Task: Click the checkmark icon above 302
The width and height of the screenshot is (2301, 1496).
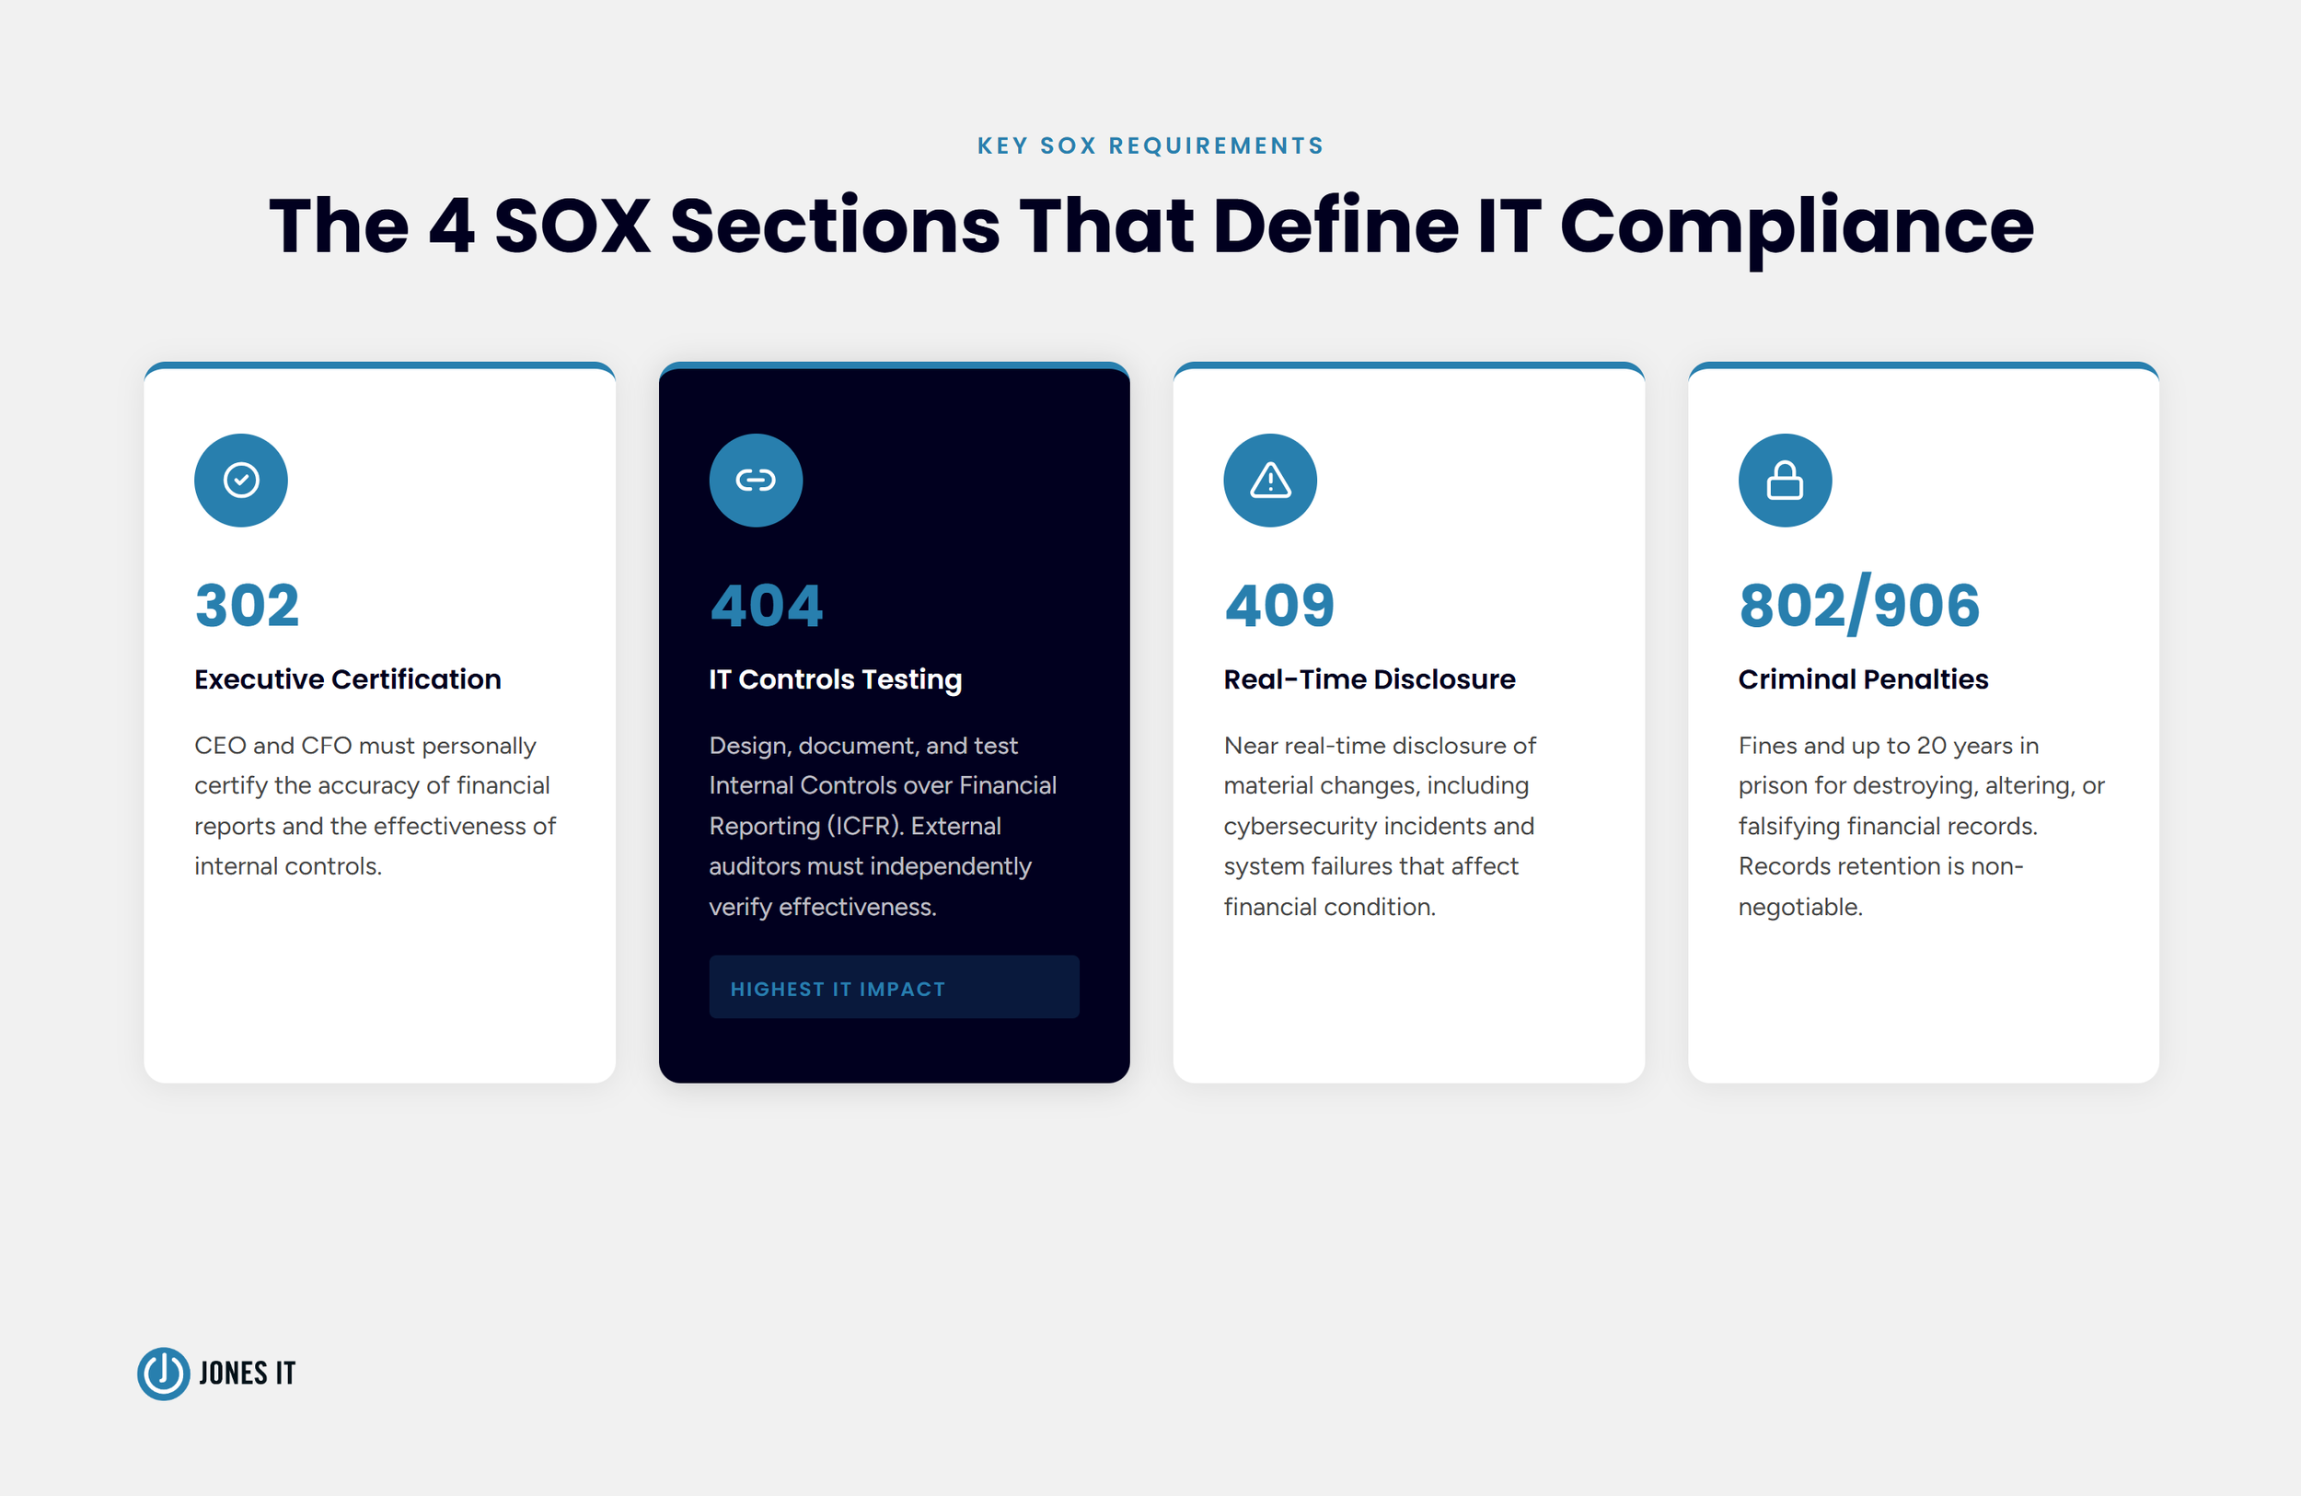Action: pyautogui.click(x=241, y=480)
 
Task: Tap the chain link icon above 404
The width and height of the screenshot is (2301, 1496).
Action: pyautogui.click(x=755, y=480)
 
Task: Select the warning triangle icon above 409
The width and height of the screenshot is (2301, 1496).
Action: pyautogui.click(x=1269, y=480)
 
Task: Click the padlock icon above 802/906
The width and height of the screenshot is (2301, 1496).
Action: pyautogui.click(x=1784, y=480)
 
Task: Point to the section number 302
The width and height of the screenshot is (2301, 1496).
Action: pyautogui.click(x=248, y=606)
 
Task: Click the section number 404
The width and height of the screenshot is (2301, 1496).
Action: pyautogui.click(x=766, y=606)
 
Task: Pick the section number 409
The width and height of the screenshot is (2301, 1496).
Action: pyautogui.click(x=1279, y=606)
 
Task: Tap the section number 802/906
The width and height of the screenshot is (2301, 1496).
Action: pyautogui.click(x=1858, y=606)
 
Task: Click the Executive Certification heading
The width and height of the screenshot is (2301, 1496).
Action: pyautogui.click(x=347, y=678)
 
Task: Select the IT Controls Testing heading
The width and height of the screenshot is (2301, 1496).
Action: pyautogui.click(x=835, y=678)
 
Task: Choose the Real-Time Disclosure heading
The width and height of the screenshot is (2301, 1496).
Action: pyautogui.click(x=1369, y=678)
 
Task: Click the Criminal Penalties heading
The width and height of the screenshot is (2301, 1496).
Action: pyautogui.click(x=1862, y=678)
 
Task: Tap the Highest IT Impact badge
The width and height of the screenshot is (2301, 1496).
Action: pyautogui.click(x=894, y=987)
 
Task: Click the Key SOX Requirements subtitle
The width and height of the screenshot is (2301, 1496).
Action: pyautogui.click(x=1150, y=146)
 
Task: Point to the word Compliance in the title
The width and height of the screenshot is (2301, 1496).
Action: pyautogui.click(x=1797, y=226)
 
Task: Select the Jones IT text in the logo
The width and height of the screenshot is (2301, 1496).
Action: pyautogui.click(x=247, y=1374)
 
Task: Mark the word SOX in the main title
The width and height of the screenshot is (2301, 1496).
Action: pyautogui.click(x=572, y=226)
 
